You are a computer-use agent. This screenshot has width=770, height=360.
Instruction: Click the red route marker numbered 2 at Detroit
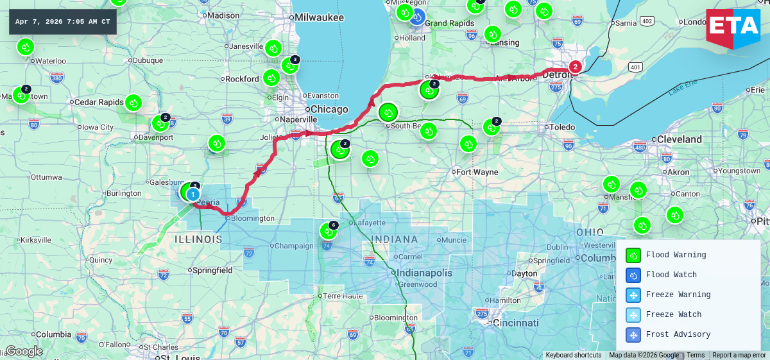576,66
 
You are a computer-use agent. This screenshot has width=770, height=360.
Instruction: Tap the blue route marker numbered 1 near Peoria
193,193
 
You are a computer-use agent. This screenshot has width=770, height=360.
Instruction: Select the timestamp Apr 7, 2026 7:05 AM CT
63,22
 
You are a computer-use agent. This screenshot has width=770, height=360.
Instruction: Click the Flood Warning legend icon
633,255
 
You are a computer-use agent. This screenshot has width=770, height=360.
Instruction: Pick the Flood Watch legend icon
633,275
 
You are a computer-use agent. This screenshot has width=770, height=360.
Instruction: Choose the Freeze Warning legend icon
633,295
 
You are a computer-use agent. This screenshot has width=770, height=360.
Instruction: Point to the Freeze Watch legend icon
633,314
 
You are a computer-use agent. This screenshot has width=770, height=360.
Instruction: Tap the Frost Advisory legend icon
633,334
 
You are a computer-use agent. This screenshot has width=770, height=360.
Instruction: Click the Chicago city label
329,109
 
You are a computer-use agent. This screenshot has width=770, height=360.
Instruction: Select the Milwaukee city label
319,17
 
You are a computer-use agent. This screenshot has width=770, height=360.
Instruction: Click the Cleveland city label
679,139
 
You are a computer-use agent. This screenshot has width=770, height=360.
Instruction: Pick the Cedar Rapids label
98,102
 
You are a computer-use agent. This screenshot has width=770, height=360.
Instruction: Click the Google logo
24,351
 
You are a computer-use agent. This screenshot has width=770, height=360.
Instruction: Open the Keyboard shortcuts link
574,355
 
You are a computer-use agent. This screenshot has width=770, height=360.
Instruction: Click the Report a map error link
739,355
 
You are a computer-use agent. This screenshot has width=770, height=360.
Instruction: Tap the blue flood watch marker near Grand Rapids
417,17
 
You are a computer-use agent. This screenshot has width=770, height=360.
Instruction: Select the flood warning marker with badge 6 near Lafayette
328,231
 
